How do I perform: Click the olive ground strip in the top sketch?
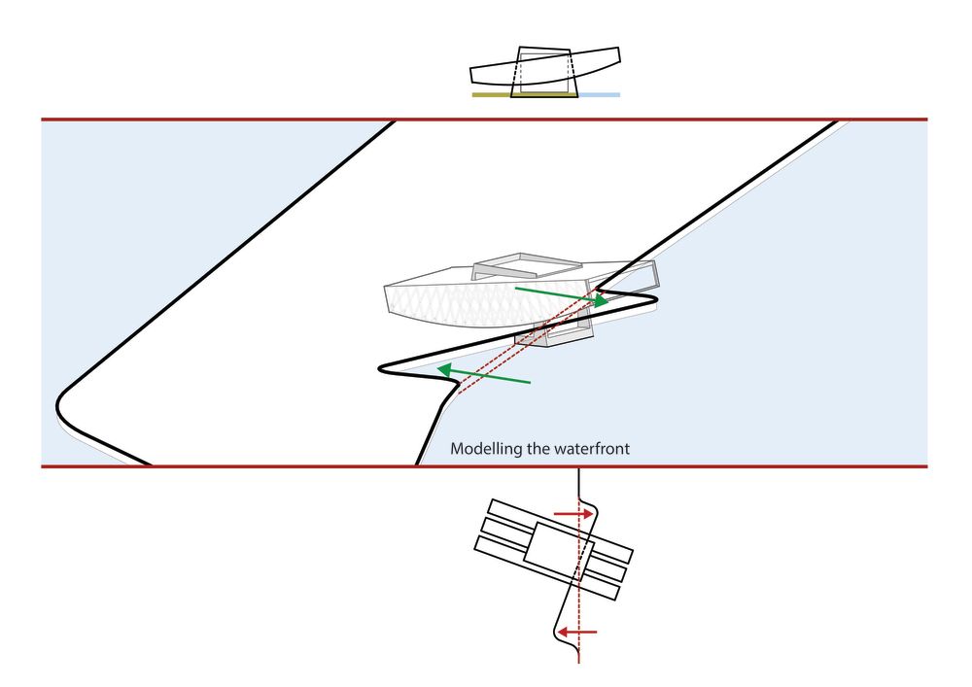tap(492, 95)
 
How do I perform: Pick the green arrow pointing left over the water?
tap(483, 375)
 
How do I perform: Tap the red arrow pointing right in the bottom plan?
tap(574, 513)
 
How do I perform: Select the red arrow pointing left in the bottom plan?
tap(577, 632)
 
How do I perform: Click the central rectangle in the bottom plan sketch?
tap(559, 552)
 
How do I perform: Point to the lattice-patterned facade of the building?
tap(483, 303)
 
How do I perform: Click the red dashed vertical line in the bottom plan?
tap(578, 567)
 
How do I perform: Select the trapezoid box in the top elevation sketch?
tap(545, 72)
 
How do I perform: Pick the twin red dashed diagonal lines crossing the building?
tap(529, 340)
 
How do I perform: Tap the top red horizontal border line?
tap(484, 119)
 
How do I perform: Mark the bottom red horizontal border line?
tap(484, 465)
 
